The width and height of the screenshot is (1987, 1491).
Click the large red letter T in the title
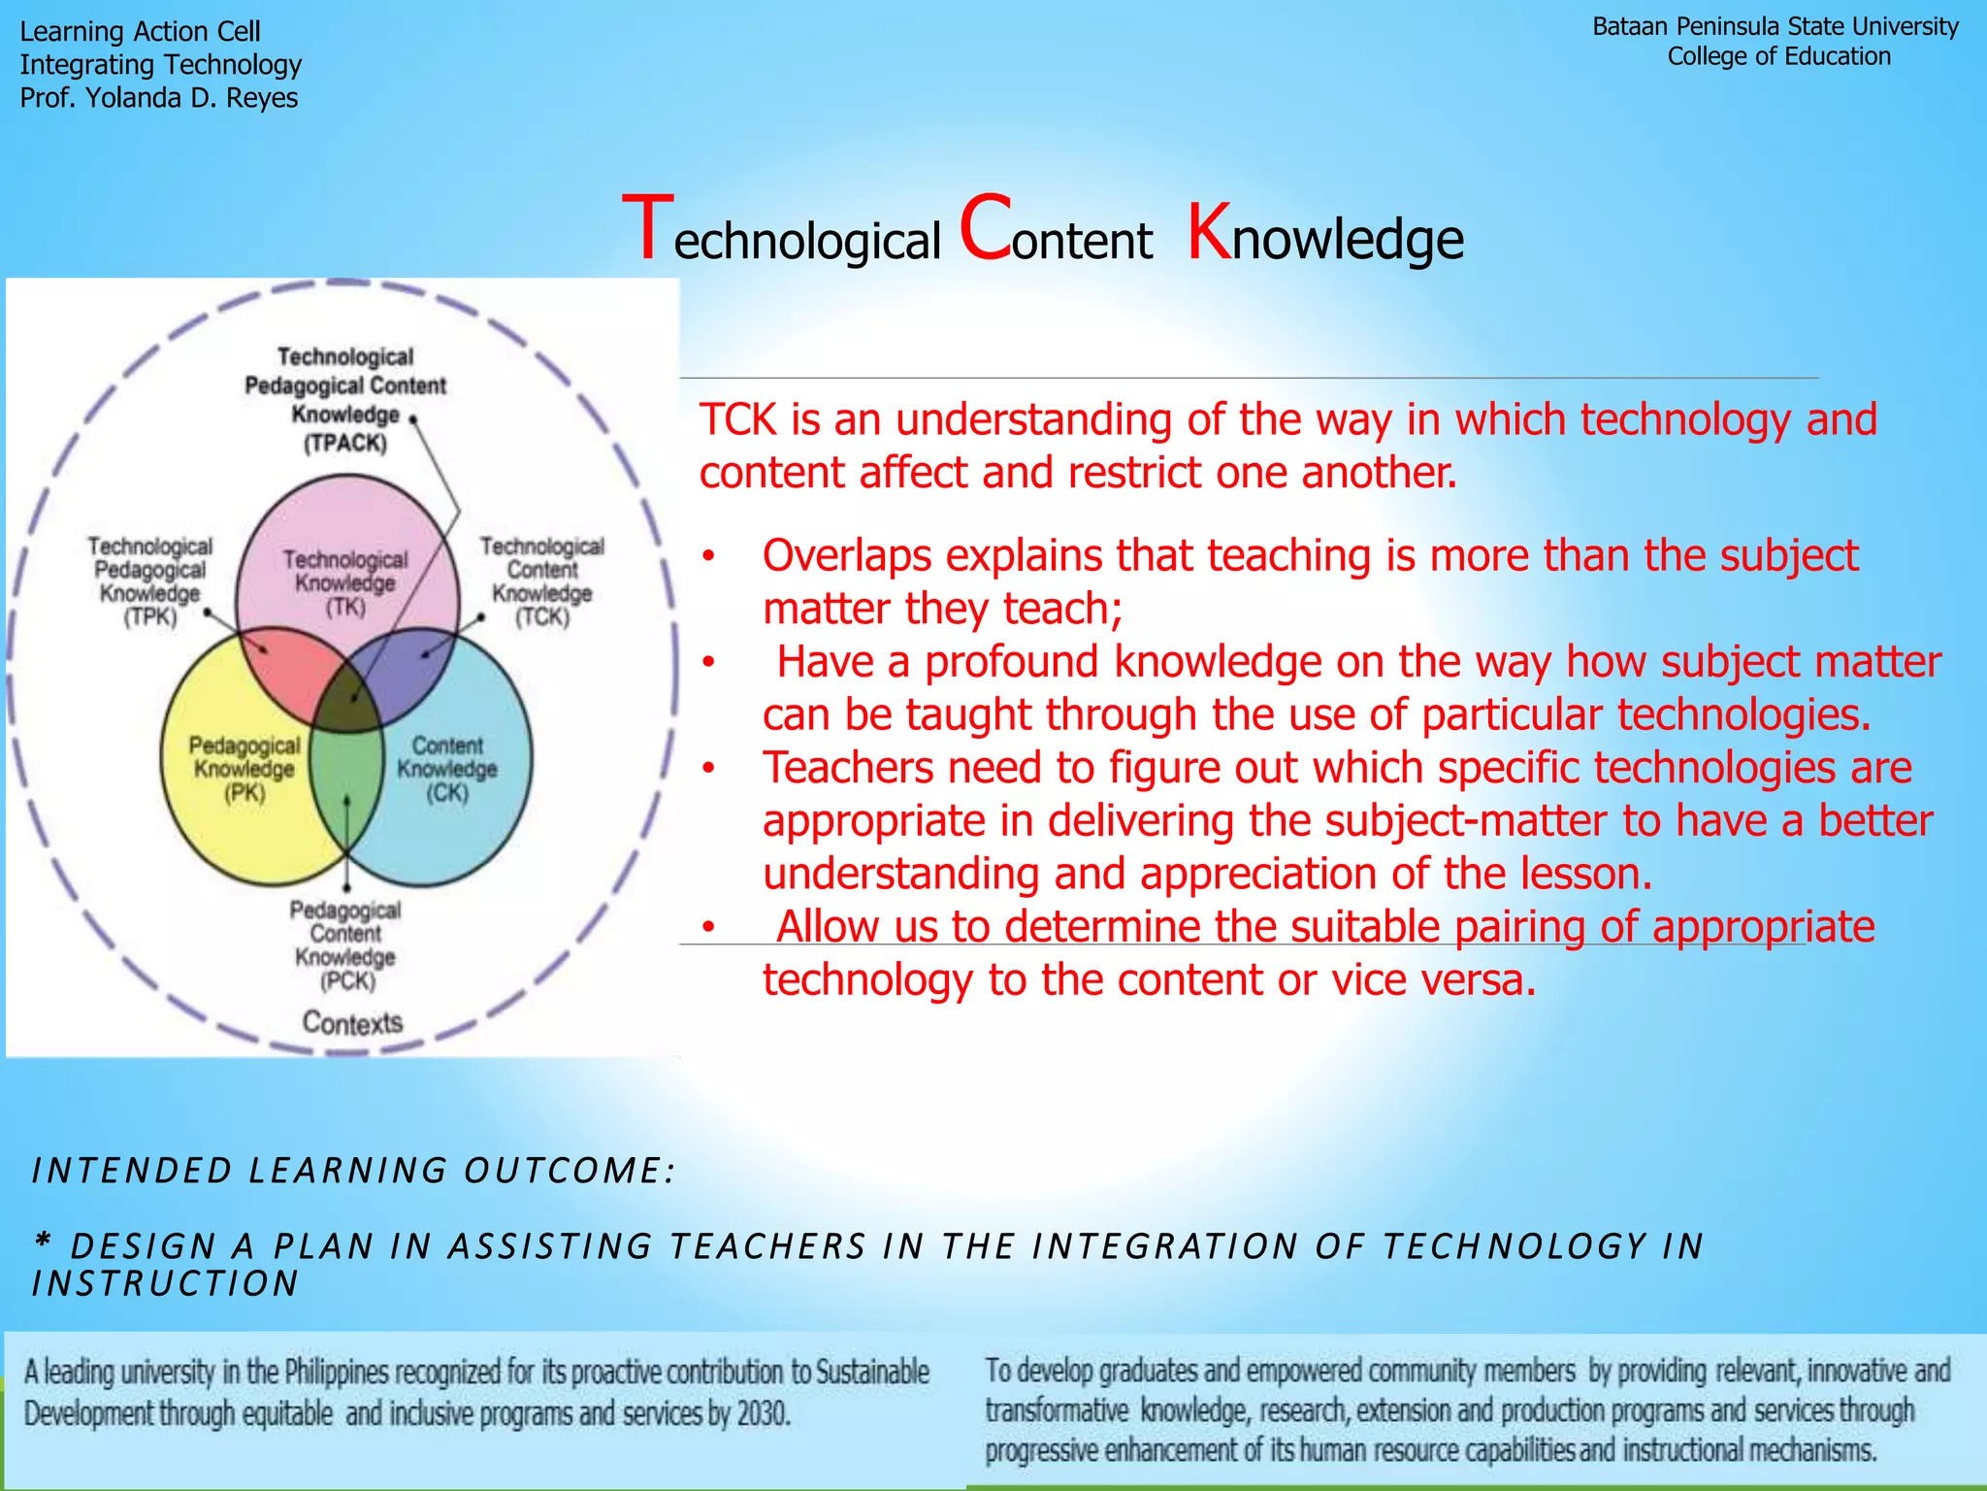coord(647,229)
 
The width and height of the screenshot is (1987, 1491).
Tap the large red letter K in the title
coord(1208,232)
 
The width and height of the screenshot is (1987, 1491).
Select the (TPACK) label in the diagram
coord(345,444)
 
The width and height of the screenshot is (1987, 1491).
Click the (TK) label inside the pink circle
coord(345,608)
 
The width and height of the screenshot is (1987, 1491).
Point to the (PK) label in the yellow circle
coord(244,793)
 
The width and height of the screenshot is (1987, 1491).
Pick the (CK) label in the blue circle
coord(447,793)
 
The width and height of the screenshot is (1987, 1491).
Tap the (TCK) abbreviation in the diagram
coord(542,617)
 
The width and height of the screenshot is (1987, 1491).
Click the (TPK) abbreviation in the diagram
coord(150,617)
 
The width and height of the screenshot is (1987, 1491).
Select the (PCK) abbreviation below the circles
coord(347,981)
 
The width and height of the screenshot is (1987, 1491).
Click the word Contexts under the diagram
coord(352,1023)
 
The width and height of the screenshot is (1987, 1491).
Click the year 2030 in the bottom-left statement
coord(763,1413)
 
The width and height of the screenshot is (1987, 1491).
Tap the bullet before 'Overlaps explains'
coord(709,557)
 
